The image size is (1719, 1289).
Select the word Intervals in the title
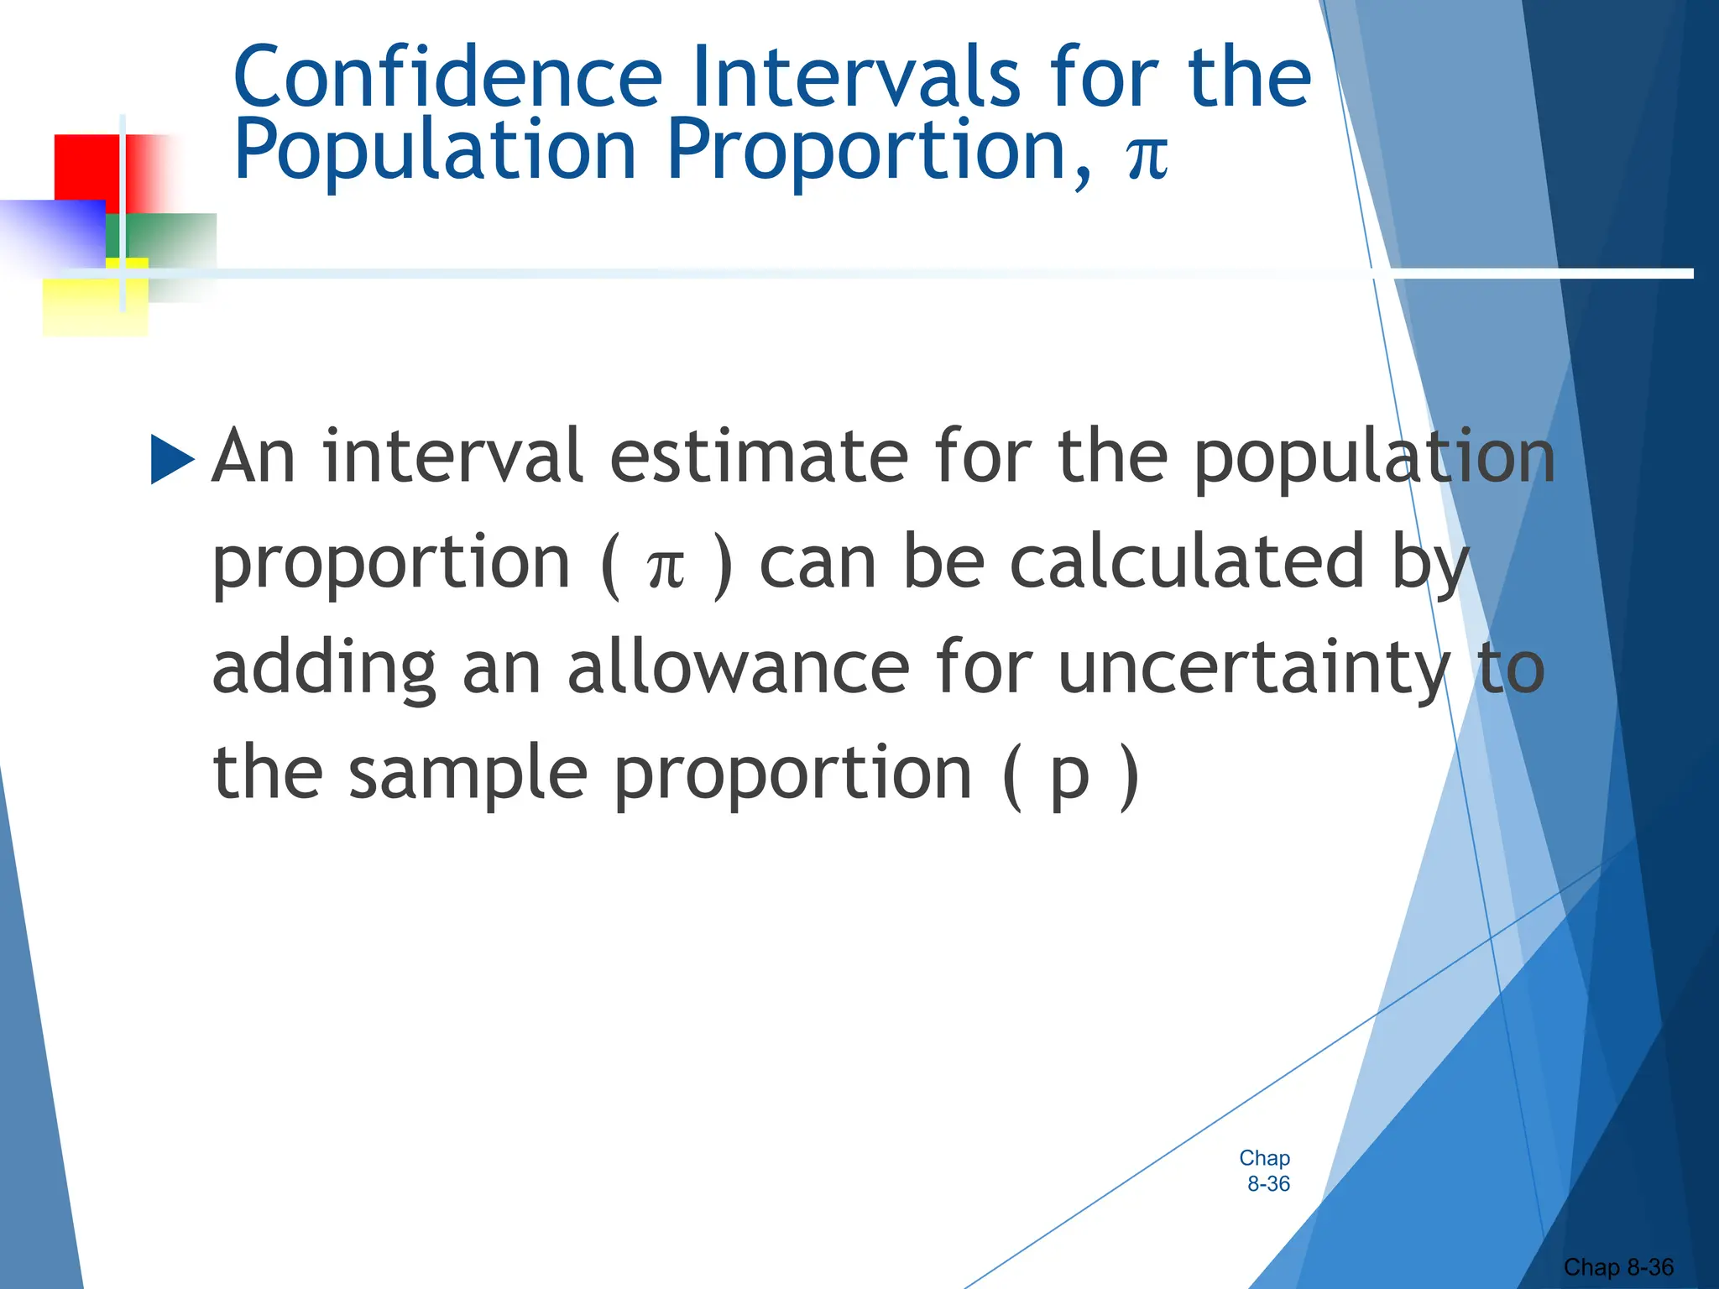tap(856, 77)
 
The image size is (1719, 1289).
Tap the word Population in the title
tap(435, 151)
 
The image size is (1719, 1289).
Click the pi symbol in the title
tap(1147, 156)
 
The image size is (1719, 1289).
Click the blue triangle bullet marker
tap(172, 459)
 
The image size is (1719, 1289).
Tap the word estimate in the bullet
tap(759, 457)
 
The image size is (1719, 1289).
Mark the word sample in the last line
tap(468, 774)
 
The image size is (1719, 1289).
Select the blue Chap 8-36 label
tap(1266, 1171)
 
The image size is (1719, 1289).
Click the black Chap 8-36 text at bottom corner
tap(1618, 1267)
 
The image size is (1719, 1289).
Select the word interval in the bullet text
tap(452, 457)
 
